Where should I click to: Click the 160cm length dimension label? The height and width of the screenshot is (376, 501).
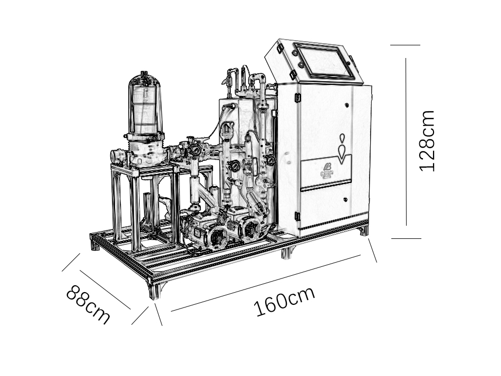(284, 301)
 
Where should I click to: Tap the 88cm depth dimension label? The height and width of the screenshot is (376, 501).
(88, 305)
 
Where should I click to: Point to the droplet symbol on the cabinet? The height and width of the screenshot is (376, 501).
(343, 149)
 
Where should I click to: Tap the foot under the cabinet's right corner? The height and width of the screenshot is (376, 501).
(363, 230)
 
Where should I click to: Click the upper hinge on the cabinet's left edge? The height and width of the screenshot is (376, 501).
(297, 98)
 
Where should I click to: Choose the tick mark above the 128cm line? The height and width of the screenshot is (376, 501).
(405, 45)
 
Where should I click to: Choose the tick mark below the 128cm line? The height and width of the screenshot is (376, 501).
(406, 238)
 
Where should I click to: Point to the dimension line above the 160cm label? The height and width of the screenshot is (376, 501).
(266, 283)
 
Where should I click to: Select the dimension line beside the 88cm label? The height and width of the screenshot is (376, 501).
(105, 290)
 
